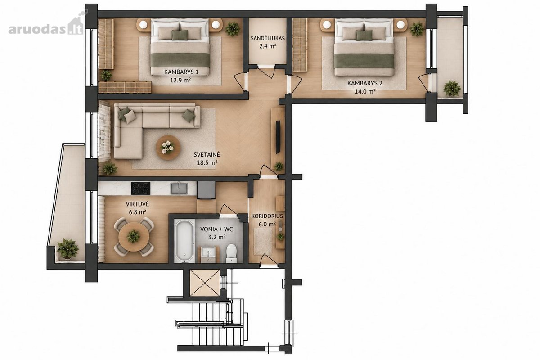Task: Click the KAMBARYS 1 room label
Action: [181, 72]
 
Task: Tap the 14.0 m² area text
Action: [365, 91]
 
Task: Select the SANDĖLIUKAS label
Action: [268, 38]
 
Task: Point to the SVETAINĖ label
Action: [207, 154]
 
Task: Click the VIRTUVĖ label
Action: [137, 204]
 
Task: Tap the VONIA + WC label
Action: [217, 229]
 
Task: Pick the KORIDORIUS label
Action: [267, 216]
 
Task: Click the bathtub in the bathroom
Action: [184, 241]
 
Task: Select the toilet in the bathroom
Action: [232, 253]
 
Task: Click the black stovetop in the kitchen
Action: [141, 188]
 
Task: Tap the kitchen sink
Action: [179, 188]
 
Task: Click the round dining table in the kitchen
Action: [134, 237]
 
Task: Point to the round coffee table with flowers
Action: [168, 147]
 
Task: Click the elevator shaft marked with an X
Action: [205, 283]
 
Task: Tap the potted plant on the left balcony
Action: [68, 248]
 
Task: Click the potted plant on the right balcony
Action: [452, 89]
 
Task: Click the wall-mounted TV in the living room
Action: [278, 136]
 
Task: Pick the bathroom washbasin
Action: [209, 255]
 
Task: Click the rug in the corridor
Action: [263, 241]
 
